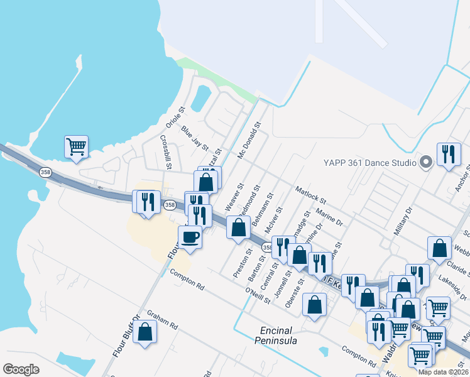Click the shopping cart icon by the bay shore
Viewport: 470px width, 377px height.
tap(76, 147)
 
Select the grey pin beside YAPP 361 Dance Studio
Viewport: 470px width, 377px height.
tap(425, 163)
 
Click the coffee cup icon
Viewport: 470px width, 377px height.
tap(190, 238)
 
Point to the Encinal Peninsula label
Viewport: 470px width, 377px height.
tap(278, 336)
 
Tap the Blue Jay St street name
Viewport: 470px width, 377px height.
tap(195, 138)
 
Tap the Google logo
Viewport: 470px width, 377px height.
tap(21, 369)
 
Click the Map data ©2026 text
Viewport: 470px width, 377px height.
tap(444, 372)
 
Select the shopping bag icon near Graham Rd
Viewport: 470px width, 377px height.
tap(145, 332)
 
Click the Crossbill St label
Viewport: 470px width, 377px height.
tap(166, 152)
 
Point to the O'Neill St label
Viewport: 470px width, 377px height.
tap(258, 295)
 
